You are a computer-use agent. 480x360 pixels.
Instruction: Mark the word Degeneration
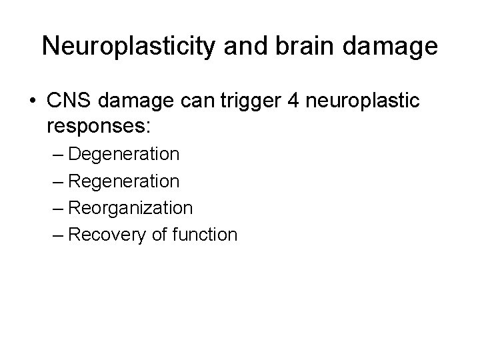pyautogui.click(x=123, y=154)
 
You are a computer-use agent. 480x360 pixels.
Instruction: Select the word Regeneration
pyautogui.click(x=123, y=181)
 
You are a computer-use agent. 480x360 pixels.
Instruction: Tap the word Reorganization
pyautogui.click(x=130, y=207)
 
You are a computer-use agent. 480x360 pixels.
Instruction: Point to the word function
pyautogui.click(x=203, y=234)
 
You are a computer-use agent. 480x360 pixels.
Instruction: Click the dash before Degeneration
pyautogui.click(x=57, y=155)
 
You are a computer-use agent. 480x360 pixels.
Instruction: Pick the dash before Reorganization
pyautogui.click(x=57, y=208)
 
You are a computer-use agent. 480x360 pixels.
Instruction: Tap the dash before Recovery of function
pyautogui.click(x=57, y=235)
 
